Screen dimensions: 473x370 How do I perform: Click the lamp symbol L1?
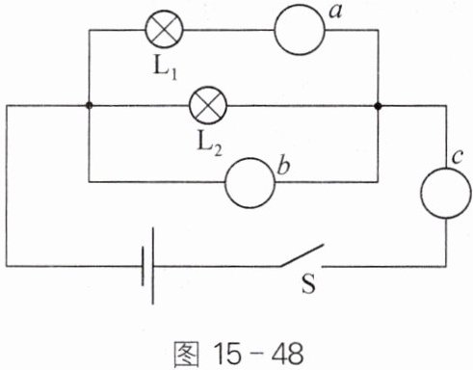pyautogui.click(x=164, y=29)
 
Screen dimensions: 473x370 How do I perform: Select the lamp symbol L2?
pyautogui.click(x=208, y=105)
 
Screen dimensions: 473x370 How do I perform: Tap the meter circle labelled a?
pyautogui.click(x=300, y=30)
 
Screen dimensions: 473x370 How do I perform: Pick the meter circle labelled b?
pyautogui.click(x=250, y=182)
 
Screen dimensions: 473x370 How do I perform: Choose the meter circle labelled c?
pyautogui.click(x=446, y=193)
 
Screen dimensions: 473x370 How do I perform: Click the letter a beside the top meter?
pyautogui.click(x=335, y=13)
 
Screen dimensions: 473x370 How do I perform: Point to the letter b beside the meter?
pyautogui.click(x=283, y=166)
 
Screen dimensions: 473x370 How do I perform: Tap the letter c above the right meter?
pyautogui.click(x=457, y=157)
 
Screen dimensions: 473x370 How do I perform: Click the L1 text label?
pyautogui.click(x=166, y=69)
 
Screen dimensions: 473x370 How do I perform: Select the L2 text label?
pyautogui.click(x=209, y=145)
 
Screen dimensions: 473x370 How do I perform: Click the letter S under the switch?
pyautogui.click(x=308, y=283)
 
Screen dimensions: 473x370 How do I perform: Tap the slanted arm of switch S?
pyautogui.click(x=302, y=255)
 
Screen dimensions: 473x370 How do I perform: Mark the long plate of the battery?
pyautogui.click(x=152, y=266)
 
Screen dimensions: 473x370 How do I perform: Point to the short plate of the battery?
pyautogui.click(x=143, y=266)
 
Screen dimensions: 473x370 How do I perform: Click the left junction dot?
pyautogui.click(x=90, y=105)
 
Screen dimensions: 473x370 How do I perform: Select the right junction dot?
pyautogui.click(x=379, y=106)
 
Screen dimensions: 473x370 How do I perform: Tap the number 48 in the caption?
pyautogui.click(x=287, y=355)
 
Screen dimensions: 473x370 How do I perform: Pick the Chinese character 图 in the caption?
pyautogui.click(x=186, y=355)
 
